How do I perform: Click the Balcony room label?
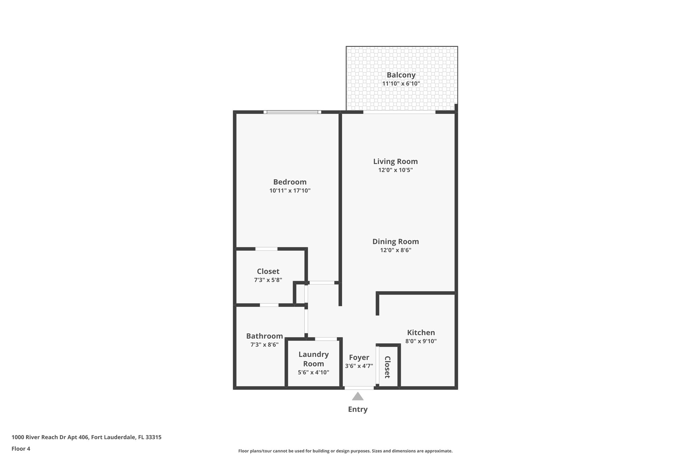click(401, 75)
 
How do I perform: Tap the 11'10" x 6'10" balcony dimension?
click(401, 84)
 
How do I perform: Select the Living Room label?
click(395, 161)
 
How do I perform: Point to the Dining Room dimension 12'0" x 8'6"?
click(395, 250)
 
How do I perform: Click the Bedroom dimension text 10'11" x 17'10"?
click(290, 190)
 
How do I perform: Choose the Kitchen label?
click(421, 333)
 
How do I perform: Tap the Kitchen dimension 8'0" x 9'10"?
click(421, 341)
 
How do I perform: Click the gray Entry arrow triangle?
click(358, 396)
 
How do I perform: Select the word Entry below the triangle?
click(358, 409)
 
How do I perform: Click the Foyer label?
click(359, 358)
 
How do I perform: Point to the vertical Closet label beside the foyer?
click(387, 367)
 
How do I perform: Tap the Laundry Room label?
click(313, 359)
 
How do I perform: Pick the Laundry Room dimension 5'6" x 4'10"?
click(313, 372)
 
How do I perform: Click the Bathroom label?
click(264, 336)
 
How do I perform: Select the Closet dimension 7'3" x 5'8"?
click(268, 280)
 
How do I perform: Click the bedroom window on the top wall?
click(292, 112)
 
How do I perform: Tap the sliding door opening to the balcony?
click(399, 112)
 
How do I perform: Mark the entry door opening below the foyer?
click(359, 388)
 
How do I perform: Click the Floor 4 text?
click(21, 449)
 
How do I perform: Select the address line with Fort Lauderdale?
click(86, 437)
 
